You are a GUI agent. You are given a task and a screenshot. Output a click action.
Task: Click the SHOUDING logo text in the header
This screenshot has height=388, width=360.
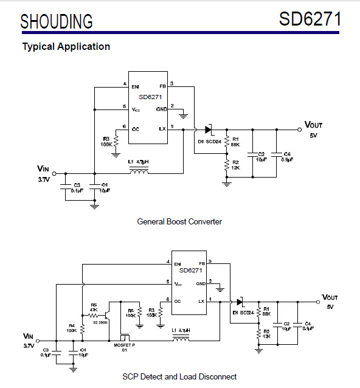click(57, 21)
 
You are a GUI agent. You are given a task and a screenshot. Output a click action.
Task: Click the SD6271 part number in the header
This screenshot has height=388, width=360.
click(310, 19)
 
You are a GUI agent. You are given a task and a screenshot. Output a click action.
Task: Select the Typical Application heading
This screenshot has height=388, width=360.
click(66, 46)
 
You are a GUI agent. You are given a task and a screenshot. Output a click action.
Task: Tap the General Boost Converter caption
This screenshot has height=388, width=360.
click(179, 221)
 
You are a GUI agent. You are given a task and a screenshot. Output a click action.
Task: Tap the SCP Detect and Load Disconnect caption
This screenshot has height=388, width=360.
click(179, 376)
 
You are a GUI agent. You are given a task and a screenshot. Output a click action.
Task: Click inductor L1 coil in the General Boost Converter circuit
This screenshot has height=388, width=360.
click(140, 172)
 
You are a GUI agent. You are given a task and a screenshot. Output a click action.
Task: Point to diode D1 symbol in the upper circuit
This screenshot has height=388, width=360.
click(209, 129)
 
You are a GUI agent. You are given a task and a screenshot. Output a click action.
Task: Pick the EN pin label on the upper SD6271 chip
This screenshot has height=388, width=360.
click(136, 87)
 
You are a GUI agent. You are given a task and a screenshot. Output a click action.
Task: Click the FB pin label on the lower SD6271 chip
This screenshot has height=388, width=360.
click(201, 264)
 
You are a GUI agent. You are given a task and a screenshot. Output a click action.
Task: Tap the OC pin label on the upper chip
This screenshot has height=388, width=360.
click(136, 128)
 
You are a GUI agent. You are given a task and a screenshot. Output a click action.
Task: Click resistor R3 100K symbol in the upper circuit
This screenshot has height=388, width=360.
click(116, 142)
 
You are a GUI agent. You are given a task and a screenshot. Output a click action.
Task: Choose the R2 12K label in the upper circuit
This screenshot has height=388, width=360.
click(235, 165)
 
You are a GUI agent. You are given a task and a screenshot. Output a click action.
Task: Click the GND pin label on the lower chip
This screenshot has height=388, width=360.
click(200, 283)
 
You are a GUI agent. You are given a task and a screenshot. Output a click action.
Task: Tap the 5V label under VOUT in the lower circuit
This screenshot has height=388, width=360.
click(330, 307)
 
